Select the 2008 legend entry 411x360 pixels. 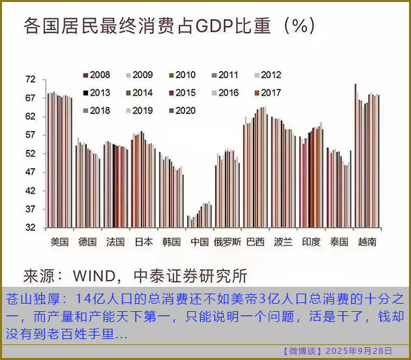coord(96,75)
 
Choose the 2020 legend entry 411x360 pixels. coord(180,111)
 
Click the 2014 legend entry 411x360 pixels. coord(138,93)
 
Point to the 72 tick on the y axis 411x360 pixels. coord(30,80)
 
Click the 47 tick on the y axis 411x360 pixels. coord(30,172)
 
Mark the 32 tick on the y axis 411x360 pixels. coord(30,228)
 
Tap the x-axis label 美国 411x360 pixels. coord(60,242)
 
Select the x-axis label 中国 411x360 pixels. coord(199,242)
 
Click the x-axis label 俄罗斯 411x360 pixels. coord(227,242)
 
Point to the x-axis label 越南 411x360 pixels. coord(367,242)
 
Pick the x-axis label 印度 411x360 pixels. coord(311,242)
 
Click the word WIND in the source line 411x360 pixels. coord(98,276)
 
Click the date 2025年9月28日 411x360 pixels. coord(359,351)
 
